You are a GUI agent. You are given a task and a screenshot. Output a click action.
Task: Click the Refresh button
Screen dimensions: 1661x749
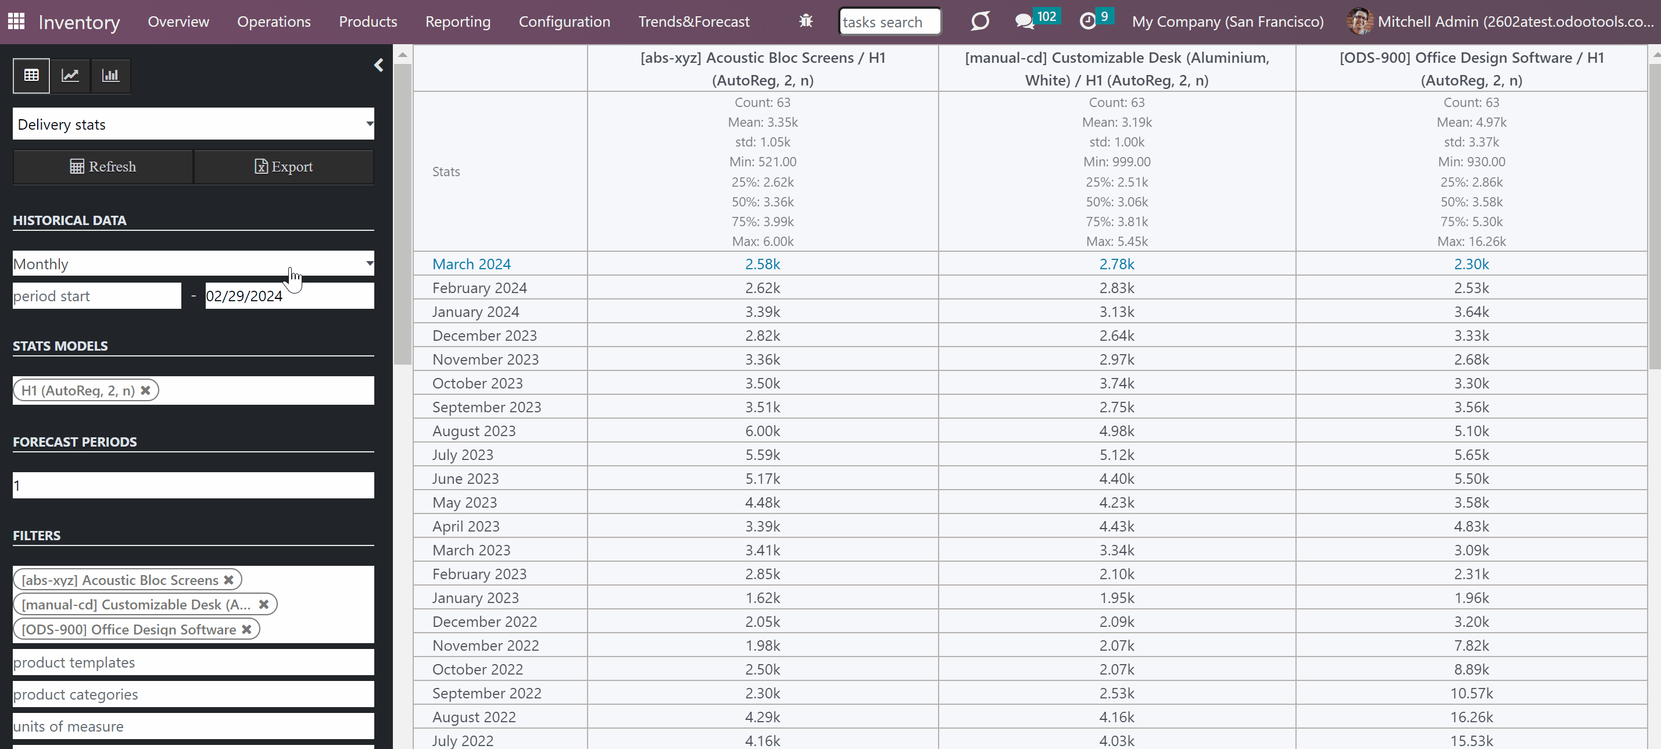click(x=103, y=166)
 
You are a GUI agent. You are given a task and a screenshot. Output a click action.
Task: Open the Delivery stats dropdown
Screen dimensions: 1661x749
click(x=193, y=124)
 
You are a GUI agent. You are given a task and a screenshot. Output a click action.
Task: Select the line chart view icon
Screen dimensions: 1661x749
click(x=70, y=76)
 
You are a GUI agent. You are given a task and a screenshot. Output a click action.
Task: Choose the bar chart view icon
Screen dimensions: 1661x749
click(x=110, y=76)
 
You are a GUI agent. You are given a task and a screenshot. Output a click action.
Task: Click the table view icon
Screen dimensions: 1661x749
click(x=31, y=76)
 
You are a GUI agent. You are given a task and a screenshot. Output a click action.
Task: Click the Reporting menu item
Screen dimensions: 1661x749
click(x=458, y=22)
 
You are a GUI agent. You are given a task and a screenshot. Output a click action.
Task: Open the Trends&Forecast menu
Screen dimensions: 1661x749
click(x=694, y=22)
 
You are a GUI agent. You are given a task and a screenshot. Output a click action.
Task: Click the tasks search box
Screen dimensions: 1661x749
click(x=889, y=22)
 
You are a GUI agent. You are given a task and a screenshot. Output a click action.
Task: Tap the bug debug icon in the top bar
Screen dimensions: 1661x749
click(x=806, y=22)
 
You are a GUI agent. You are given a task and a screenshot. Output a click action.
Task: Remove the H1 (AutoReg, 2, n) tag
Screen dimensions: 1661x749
click(x=146, y=390)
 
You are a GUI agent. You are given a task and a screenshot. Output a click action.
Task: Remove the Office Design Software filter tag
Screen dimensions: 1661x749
click(x=246, y=629)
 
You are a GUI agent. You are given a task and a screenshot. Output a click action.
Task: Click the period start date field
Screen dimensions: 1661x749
click(x=96, y=296)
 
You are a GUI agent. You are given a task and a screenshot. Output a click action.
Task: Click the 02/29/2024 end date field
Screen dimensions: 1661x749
click(x=289, y=296)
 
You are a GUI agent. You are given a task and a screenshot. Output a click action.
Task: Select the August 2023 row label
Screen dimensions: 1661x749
click(x=474, y=430)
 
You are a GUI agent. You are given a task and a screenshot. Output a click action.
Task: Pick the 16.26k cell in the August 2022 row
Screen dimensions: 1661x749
click(x=1472, y=717)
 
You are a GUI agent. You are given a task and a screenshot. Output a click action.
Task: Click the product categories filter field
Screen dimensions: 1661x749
click(x=193, y=694)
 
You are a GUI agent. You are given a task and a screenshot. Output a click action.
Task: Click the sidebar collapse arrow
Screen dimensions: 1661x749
click(x=378, y=65)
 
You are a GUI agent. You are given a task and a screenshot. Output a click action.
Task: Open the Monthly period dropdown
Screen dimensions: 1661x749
click(x=193, y=263)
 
